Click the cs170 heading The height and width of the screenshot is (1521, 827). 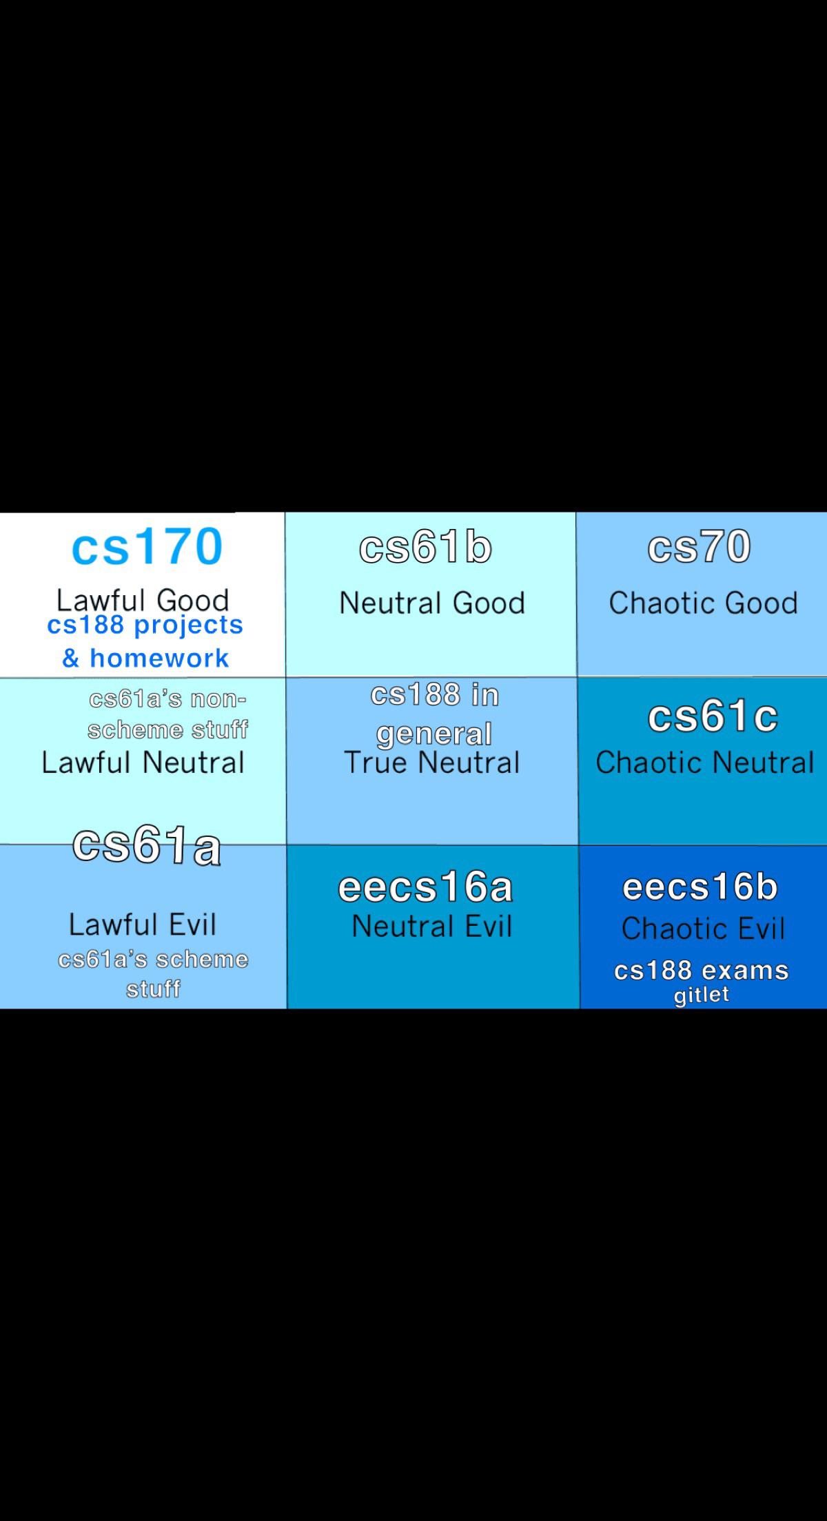(x=147, y=547)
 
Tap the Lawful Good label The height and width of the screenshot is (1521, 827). (x=143, y=599)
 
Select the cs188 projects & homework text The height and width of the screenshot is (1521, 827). (x=145, y=641)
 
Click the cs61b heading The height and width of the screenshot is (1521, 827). (x=425, y=548)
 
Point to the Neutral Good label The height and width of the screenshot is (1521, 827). (x=432, y=603)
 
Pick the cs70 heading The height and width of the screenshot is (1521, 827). (x=699, y=547)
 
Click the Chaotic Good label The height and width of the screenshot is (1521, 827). (x=703, y=603)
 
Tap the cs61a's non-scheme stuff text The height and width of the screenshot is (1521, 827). (x=167, y=714)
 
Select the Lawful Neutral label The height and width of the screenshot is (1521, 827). (x=143, y=763)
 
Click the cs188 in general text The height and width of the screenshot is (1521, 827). (x=434, y=714)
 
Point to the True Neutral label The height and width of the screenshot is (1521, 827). (x=432, y=763)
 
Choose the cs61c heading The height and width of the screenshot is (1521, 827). (x=713, y=716)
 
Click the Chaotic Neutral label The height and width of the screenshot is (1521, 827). (x=704, y=763)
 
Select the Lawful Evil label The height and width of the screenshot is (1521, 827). (x=143, y=924)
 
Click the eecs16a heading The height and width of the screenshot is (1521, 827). (x=425, y=887)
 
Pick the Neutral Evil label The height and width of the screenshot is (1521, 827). (x=432, y=927)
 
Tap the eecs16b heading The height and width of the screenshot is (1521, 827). (x=700, y=887)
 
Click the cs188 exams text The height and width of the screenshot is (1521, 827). (x=701, y=971)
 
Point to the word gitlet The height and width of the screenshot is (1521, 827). (x=701, y=995)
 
